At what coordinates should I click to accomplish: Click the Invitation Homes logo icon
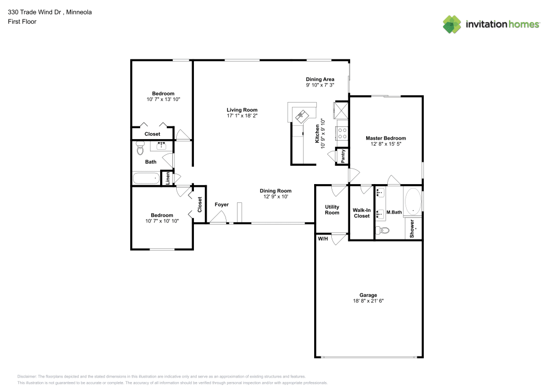(x=452, y=24)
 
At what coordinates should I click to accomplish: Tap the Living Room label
(x=242, y=110)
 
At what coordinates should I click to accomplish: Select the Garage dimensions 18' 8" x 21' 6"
(x=368, y=301)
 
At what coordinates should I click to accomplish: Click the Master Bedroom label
(x=386, y=138)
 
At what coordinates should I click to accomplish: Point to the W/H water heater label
(x=322, y=239)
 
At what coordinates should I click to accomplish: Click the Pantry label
(x=343, y=156)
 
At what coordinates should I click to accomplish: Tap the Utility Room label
(x=332, y=210)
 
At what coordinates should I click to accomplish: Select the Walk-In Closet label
(x=361, y=213)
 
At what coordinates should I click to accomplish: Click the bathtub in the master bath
(x=413, y=202)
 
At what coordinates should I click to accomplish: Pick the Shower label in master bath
(x=412, y=229)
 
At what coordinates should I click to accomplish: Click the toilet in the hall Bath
(x=140, y=149)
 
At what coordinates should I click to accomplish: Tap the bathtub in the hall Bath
(x=146, y=179)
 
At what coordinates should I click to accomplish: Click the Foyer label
(x=222, y=205)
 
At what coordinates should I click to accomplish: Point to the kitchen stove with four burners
(x=342, y=133)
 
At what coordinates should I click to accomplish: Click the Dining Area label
(x=320, y=79)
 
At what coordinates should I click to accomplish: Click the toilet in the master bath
(x=382, y=230)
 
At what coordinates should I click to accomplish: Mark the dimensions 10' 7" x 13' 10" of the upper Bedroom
(x=163, y=99)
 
